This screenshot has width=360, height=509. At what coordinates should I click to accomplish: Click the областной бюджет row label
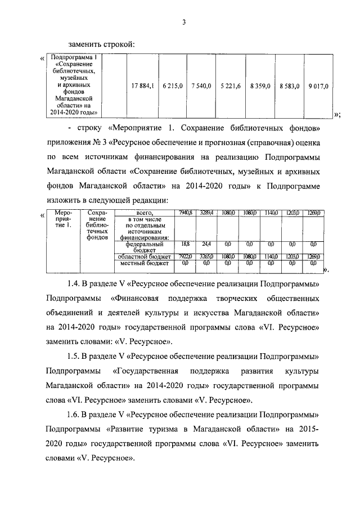(145, 256)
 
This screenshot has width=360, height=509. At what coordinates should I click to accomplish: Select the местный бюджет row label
(145, 262)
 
